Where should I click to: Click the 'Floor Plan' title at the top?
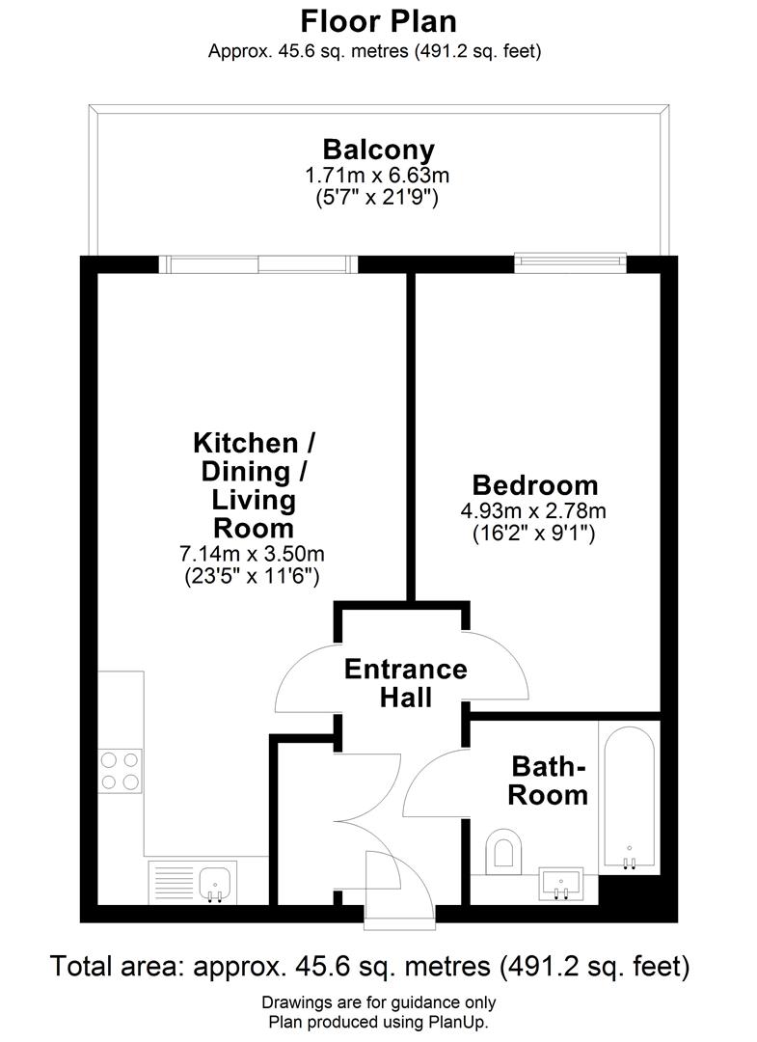click(378, 21)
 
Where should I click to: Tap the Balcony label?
click(378, 151)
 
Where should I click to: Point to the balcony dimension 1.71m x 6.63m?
click(377, 177)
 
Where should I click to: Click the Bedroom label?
click(535, 485)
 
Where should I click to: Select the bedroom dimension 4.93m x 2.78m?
click(534, 511)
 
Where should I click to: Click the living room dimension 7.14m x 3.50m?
click(253, 554)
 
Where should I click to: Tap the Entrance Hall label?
click(406, 683)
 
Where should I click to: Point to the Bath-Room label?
click(549, 781)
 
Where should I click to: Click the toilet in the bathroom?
click(504, 851)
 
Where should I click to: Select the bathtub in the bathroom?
click(630, 797)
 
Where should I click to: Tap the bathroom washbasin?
click(562, 884)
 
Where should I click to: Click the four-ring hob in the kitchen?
click(121, 771)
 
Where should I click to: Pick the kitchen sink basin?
click(215, 884)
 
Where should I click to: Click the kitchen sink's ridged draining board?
click(174, 883)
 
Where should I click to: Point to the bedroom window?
click(571, 263)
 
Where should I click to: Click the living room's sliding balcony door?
click(258, 264)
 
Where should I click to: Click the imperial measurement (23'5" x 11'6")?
click(253, 575)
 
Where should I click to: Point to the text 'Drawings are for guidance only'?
click(378, 1002)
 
